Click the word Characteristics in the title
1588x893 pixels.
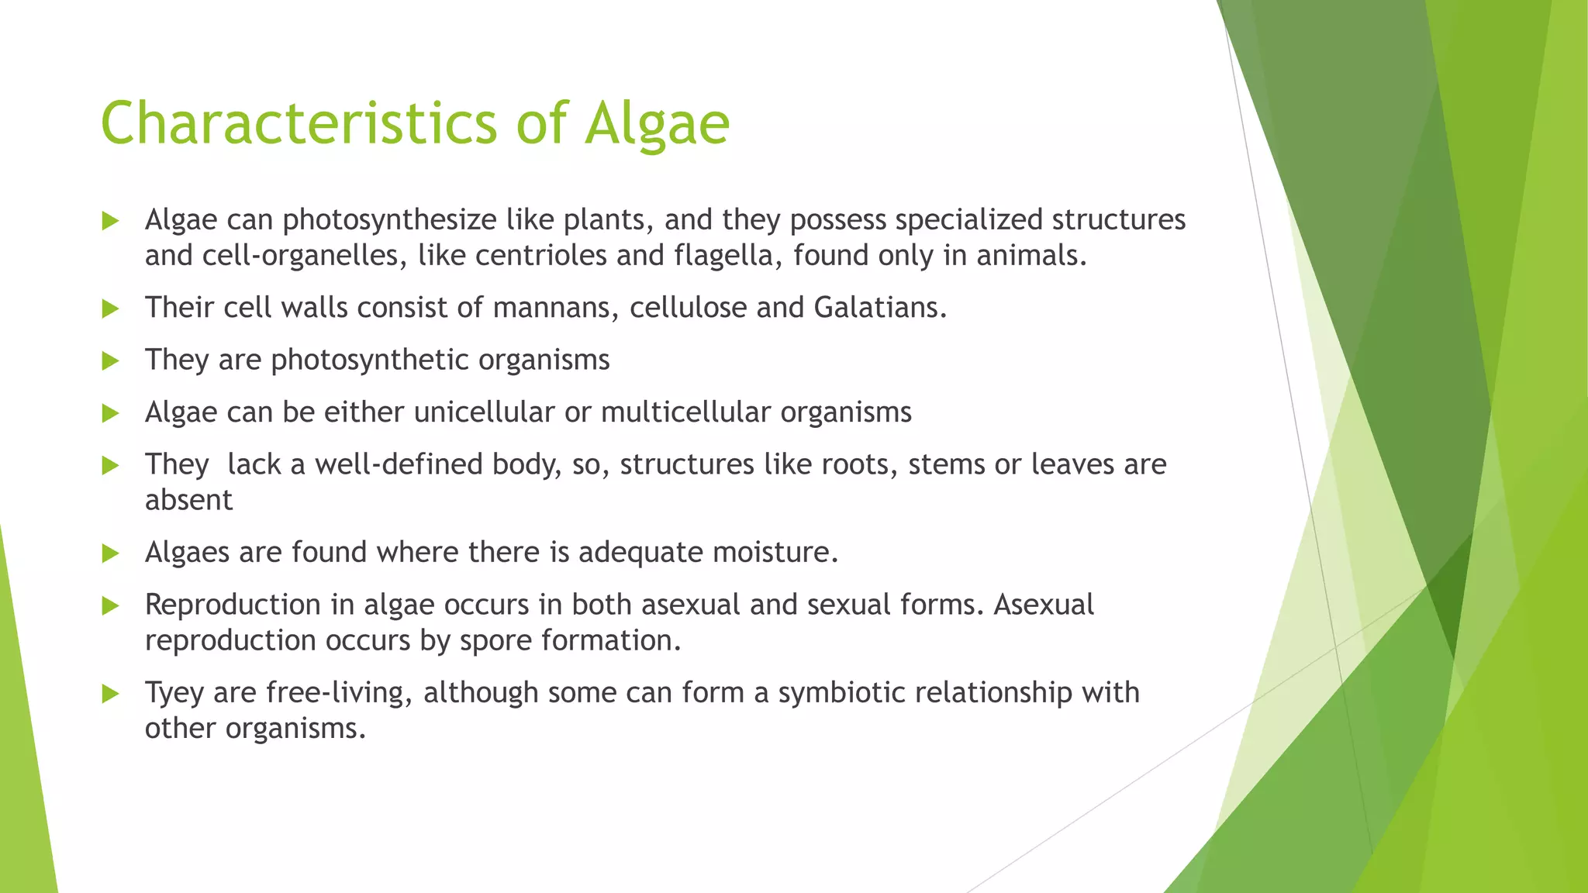coord(299,124)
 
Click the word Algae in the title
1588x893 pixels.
coord(657,124)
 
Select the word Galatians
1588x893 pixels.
coord(879,308)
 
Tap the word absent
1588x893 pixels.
coord(188,500)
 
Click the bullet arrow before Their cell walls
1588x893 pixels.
coord(110,309)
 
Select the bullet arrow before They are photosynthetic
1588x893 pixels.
coord(110,361)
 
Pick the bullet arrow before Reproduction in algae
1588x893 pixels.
coord(110,606)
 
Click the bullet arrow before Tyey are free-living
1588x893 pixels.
coord(110,694)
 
